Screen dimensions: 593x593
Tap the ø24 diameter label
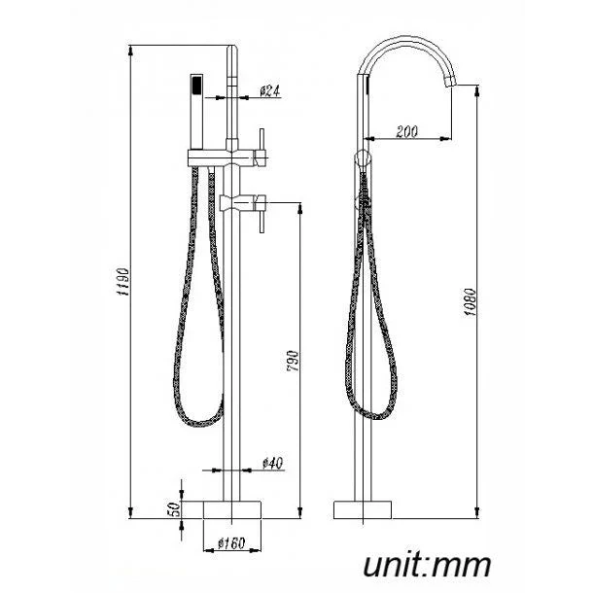270,91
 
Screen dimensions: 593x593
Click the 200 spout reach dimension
408,132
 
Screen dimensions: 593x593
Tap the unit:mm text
427,564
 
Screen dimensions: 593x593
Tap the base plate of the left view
232,509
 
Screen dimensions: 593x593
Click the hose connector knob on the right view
364,158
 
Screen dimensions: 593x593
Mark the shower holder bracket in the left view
206,157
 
